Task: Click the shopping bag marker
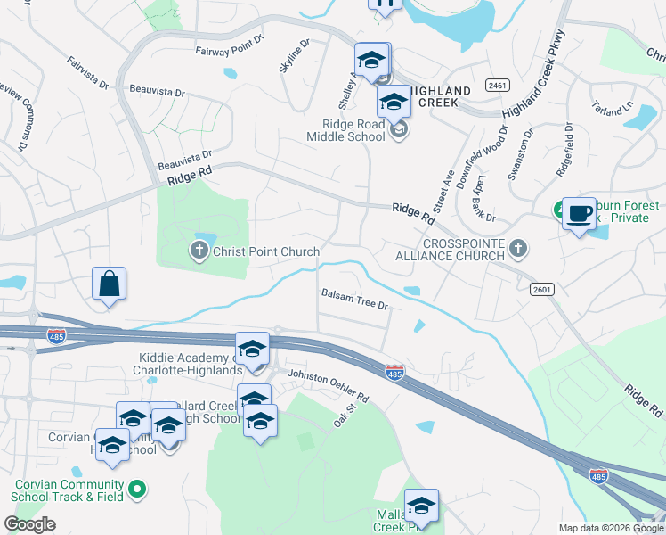(109, 284)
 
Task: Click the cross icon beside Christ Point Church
(200, 251)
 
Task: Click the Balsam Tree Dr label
(355, 299)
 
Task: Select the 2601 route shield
(541, 289)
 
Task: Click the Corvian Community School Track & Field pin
(137, 488)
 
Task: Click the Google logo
(29, 524)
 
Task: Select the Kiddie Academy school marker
(252, 348)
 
